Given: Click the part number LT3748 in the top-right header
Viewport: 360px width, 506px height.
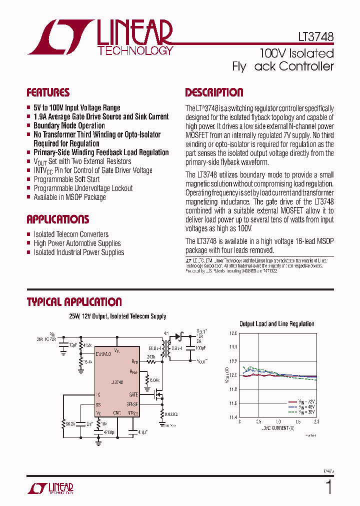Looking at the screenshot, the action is click(313, 37).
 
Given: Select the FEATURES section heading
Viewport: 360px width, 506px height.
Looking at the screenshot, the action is click(48, 92).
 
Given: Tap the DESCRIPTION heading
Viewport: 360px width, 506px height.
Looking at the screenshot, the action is click(214, 92).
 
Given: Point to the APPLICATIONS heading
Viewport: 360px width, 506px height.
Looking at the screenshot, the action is click(58, 219).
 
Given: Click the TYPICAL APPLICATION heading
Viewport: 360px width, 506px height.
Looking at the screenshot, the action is click(74, 302).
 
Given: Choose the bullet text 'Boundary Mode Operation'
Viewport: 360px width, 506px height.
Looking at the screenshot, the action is click(69, 125).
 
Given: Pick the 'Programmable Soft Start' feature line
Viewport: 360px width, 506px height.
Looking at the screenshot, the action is click(66, 179).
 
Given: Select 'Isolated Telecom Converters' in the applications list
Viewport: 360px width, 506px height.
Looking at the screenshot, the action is click(71, 234).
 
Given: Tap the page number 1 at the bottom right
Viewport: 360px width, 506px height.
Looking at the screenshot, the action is click(328, 486).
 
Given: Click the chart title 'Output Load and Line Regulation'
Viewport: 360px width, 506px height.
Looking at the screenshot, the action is click(276, 324).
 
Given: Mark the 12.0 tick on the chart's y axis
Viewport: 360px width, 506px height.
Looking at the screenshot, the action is click(233, 375).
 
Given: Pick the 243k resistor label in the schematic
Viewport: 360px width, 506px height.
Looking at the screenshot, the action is click(150, 357).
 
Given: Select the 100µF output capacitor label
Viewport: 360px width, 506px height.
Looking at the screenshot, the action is click(200, 346).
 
